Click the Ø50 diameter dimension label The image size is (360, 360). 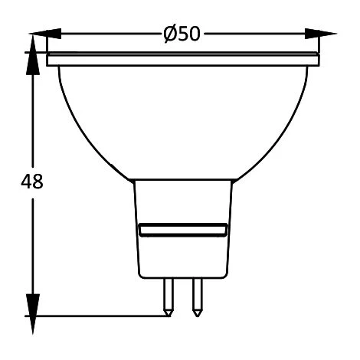[182, 34]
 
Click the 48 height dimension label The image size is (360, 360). [32, 182]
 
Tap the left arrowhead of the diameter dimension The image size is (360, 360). [45, 34]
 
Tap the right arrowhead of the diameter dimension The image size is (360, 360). [321, 34]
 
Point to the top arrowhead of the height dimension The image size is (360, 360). [33, 55]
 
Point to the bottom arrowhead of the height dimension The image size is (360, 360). [33, 314]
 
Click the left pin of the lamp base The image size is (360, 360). [169, 297]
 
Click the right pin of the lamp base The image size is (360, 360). [197, 297]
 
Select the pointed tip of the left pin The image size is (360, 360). [169, 316]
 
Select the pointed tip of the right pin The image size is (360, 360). [197, 316]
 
